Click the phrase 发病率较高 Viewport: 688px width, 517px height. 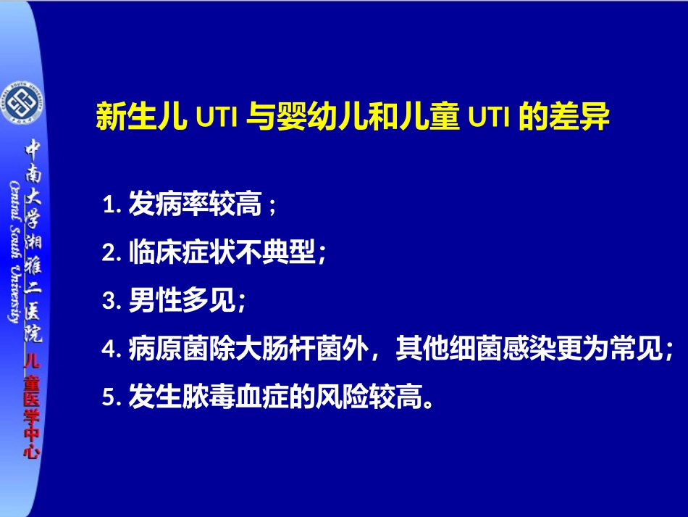tap(194, 205)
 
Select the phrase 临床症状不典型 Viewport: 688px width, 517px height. tap(222, 252)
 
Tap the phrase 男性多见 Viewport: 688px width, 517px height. tap(181, 300)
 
